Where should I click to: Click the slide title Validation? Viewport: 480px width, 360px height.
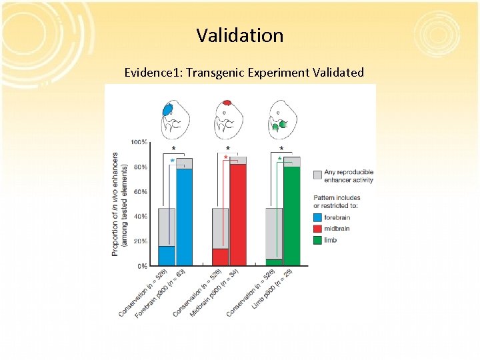point(240,35)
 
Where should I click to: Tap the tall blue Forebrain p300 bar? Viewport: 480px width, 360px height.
point(184,217)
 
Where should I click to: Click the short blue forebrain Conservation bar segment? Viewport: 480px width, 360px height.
point(167,256)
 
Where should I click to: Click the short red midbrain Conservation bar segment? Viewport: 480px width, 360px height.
point(220,257)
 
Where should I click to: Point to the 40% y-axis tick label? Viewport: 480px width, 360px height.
point(139,217)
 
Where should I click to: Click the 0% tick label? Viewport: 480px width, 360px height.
point(141,266)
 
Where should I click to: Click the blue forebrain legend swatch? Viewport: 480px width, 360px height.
point(317,217)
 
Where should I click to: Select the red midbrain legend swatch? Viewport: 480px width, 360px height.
point(317,229)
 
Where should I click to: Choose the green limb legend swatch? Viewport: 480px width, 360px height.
point(317,240)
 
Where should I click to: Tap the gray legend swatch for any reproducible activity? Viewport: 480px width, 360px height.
point(317,175)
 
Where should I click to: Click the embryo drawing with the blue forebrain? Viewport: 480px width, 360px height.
point(175,117)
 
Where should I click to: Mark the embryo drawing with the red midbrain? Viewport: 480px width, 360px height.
point(228,117)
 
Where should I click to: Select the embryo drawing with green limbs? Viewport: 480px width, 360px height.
point(281,118)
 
